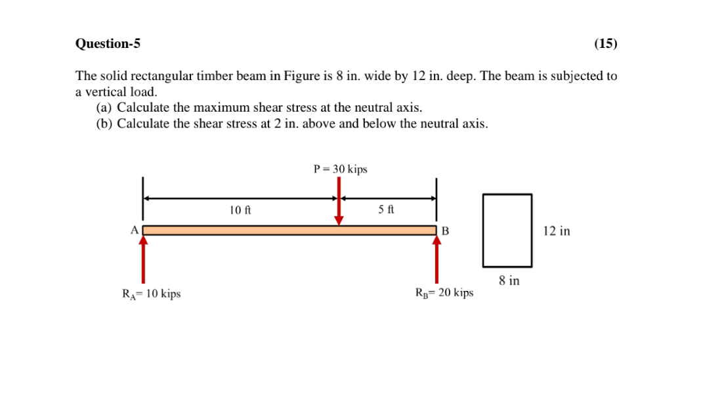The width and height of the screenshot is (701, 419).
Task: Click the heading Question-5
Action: click(x=108, y=44)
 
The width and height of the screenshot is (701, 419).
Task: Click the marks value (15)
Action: click(x=605, y=44)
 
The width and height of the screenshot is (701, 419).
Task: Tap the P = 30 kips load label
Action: click(x=341, y=169)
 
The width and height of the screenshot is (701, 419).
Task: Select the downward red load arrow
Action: click(x=339, y=200)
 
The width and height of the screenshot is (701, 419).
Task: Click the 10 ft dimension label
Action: click(x=240, y=211)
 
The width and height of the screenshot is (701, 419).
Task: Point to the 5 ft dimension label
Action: click(x=387, y=210)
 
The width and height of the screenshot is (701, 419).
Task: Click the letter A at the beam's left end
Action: click(x=135, y=230)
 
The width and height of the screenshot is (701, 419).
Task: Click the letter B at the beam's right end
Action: click(x=445, y=231)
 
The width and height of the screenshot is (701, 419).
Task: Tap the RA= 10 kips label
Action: click(x=152, y=294)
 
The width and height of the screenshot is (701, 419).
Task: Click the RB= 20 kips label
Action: click(x=444, y=293)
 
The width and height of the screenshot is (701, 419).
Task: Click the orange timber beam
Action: click(x=289, y=230)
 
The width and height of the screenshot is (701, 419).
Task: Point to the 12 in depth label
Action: click(x=557, y=231)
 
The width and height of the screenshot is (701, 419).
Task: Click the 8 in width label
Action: click(x=509, y=280)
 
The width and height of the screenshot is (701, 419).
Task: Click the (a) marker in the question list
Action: click(x=104, y=108)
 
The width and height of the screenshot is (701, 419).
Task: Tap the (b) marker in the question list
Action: click(x=104, y=123)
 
